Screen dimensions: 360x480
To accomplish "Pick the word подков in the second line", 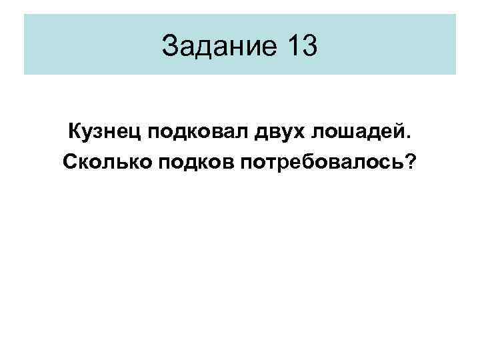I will [x=186, y=162].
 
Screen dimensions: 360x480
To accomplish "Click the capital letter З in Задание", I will [x=171, y=46].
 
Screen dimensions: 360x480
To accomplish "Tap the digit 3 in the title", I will [x=311, y=46].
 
